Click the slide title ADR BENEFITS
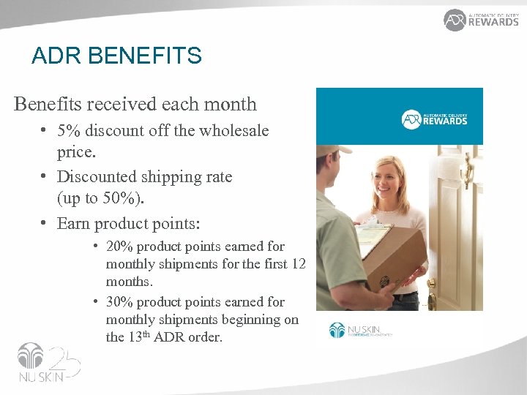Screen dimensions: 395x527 point(116,56)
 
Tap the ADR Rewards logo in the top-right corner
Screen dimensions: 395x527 point(481,20)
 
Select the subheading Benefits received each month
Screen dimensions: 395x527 point(135,104)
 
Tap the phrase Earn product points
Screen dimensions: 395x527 point(128,223)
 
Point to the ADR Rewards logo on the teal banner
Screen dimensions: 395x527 point(435,118)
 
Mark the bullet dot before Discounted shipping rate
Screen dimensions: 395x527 point(45,177)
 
